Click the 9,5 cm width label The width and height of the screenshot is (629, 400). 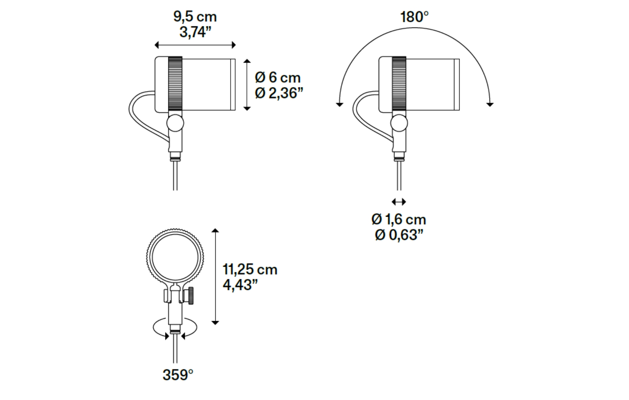(x=195, y=17)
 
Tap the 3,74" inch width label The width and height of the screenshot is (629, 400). (x=195, y=32)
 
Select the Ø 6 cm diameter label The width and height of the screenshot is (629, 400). (x=277, y=77)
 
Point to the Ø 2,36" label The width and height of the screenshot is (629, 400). (x=279, y=93)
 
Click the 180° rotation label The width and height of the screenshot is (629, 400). (x=414, y=17)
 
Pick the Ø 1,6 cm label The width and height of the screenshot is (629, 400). (x=399, y=219)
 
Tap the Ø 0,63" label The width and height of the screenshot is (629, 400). (x=399, y=235)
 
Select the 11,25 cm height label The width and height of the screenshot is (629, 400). (x=250, y=270)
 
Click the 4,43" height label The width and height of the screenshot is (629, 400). (x=240, y=285)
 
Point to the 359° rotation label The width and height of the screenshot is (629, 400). (x=178, y=375)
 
